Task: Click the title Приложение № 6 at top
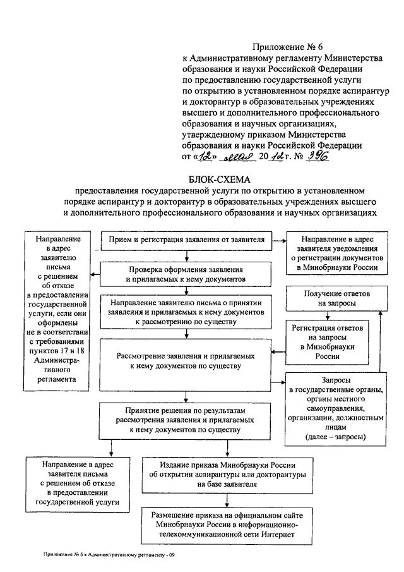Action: (280, 46)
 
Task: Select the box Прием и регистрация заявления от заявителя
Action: (187, 240)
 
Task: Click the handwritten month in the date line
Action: (241, 157)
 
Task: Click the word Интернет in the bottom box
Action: (277, 535)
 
